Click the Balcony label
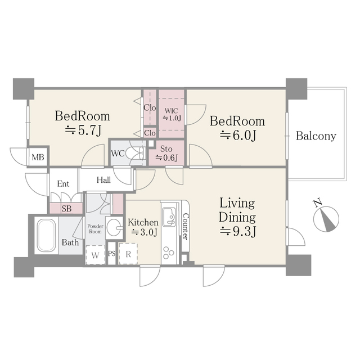click(316, 136)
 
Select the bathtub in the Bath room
click(46, 235)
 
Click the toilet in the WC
click(136, 154)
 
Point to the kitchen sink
click(169, 215)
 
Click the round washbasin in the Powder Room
click(114, 228)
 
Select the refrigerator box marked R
click(129, 254)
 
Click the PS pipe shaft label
click(111, 254)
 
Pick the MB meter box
click(38, 156)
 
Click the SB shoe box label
click(66, 209)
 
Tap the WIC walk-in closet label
click(171, 114)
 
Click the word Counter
click(185, 226)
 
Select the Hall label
click(103, 181)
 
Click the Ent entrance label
click(62, 183)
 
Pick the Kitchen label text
click(143, 222)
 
